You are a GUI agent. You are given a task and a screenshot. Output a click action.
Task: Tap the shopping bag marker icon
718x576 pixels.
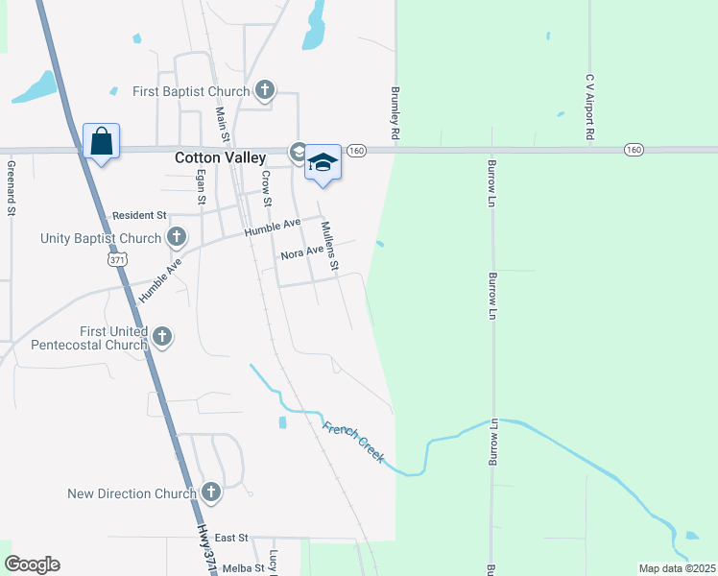tap(101, 142)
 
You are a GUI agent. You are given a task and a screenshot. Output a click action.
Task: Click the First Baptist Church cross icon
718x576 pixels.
tap(265, 91)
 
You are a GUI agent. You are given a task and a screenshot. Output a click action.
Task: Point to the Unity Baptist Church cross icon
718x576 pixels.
tap(176, 237)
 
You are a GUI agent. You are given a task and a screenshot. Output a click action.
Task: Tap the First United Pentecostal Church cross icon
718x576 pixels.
tap(162, 337)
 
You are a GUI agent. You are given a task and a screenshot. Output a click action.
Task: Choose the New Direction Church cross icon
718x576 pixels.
tap(211, 493)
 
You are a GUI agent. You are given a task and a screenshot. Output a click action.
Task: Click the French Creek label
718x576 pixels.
tap(354, 442)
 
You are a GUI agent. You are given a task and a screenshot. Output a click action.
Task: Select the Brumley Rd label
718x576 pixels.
tap(395, 112)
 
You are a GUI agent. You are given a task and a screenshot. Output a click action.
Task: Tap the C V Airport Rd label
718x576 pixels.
tap(591, 108)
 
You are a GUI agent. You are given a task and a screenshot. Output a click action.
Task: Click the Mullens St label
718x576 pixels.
tap(328, 246)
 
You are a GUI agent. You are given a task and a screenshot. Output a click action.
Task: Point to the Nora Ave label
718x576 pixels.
tap(302, 253)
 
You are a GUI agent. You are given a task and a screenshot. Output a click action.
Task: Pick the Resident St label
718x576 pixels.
tap(139, 215)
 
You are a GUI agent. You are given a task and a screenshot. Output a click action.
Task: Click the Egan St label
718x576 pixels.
tap(201, 187)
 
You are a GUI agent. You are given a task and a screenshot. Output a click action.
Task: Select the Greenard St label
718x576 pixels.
tap(12, 187)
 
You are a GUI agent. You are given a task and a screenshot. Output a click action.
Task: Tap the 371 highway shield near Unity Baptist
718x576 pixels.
tap(117, 259)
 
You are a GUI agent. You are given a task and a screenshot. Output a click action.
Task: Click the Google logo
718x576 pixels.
tap(32, 564)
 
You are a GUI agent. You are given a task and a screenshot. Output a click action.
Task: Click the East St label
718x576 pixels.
tap(231, 538)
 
